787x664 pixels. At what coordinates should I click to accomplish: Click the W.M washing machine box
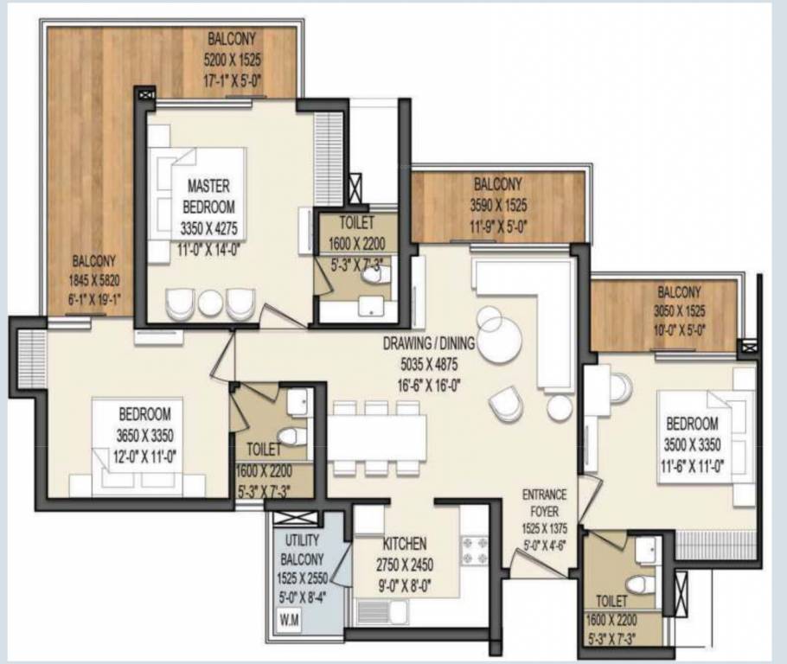click(289, 620)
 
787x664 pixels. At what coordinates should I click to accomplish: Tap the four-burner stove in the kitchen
click(474, 550)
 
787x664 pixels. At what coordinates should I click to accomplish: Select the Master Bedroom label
click(208, 196)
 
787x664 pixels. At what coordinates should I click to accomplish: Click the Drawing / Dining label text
click(429, 344)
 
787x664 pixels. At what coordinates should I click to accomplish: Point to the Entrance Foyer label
click(545, 503)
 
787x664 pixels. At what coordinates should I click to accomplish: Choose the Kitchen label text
click(405, 544)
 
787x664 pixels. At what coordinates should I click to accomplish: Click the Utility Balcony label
click(302, 550)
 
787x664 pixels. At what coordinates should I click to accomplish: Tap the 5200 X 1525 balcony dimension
click(232, 61)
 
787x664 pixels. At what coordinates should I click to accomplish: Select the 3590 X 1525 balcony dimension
click(498, 205)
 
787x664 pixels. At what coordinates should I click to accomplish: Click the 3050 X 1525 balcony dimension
click(679, 311)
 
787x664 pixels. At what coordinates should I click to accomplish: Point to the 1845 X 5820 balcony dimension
click(94, 280)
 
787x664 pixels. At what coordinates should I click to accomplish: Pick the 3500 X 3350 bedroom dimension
click(692, 444)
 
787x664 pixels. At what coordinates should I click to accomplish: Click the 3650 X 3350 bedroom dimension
click(144, 435)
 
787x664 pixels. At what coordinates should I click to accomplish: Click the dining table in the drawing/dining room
click(376, 437)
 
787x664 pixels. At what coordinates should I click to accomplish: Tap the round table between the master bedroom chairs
click(210, 303)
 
